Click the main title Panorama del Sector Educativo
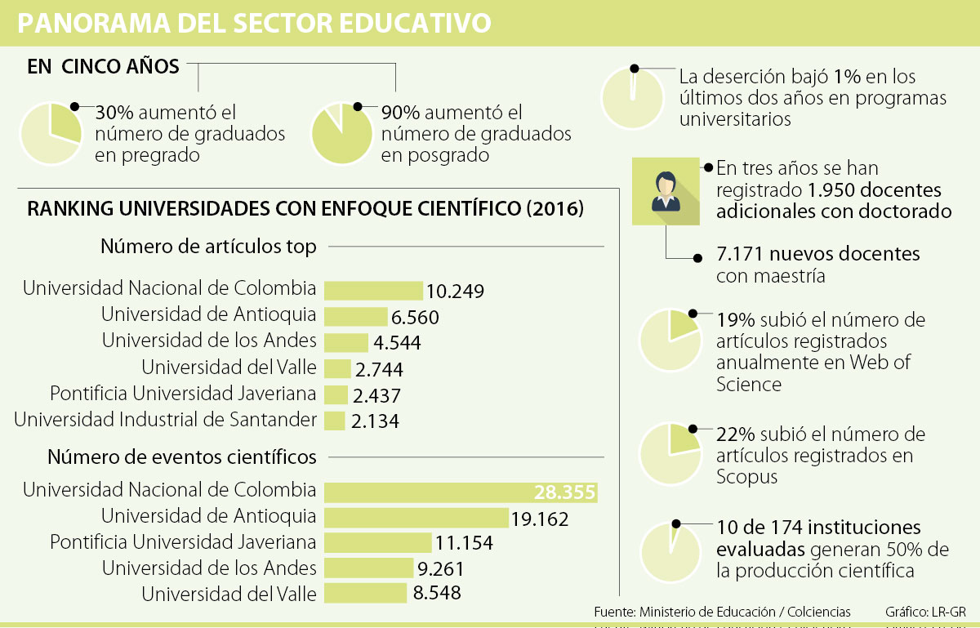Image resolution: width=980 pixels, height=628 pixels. (254, 23)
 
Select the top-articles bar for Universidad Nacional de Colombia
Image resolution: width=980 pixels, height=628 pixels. (373, 291)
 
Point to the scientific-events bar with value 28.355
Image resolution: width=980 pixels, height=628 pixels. (461, 492)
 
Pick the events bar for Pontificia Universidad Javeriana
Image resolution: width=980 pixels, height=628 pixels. (377, 543)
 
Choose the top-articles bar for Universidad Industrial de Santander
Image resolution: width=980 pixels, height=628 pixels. (335, 421)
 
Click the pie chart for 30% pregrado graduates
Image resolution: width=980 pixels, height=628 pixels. (51, 133)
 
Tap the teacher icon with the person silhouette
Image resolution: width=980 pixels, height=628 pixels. (666, 191)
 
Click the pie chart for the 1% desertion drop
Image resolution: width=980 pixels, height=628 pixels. (632, 96)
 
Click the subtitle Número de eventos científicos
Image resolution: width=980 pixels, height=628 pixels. (182, 457)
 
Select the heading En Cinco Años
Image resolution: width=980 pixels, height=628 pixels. (103, 67)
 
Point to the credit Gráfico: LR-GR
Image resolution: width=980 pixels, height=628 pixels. (925, 612)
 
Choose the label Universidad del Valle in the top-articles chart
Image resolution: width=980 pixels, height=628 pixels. (229, 367)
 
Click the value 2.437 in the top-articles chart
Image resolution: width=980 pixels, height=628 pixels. (376, 395)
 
